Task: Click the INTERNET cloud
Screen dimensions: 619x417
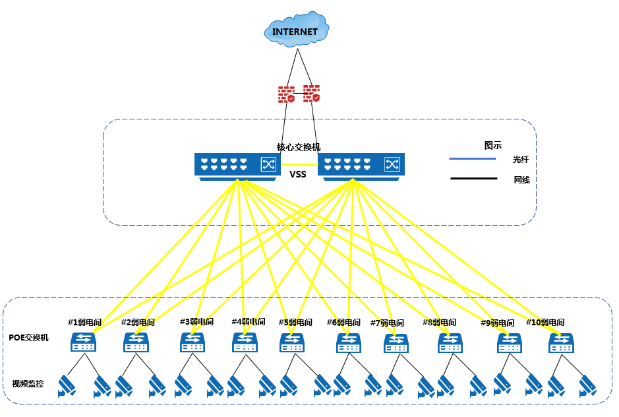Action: point(297,30)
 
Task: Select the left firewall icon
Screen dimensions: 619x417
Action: point(286,94)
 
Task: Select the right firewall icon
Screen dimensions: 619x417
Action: point(311,94)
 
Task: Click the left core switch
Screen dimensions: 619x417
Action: point(238,167)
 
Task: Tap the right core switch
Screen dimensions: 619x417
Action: point(361,167)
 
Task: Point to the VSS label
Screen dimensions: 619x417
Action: point(298,174)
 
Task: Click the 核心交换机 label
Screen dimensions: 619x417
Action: point(299,147)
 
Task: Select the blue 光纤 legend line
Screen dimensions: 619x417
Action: point(473,159)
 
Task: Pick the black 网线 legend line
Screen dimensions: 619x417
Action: point(474,179)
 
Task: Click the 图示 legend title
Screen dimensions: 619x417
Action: point(493,145)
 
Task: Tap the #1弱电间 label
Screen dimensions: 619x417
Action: point(85,322)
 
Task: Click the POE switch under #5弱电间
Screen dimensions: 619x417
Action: point(292,342)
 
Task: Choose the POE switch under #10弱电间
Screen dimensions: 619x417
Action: point(562,342)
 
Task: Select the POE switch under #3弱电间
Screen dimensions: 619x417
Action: point(192,342)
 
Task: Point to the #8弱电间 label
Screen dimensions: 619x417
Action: point(440,322)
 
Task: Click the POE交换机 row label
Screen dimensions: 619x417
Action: point(28,338)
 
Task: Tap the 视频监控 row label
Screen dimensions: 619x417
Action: point(28,384)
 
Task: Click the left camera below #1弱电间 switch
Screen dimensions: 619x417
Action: point(67,386)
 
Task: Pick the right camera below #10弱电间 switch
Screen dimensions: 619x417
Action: point(588,386)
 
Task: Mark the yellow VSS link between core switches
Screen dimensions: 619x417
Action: point(299,164)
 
